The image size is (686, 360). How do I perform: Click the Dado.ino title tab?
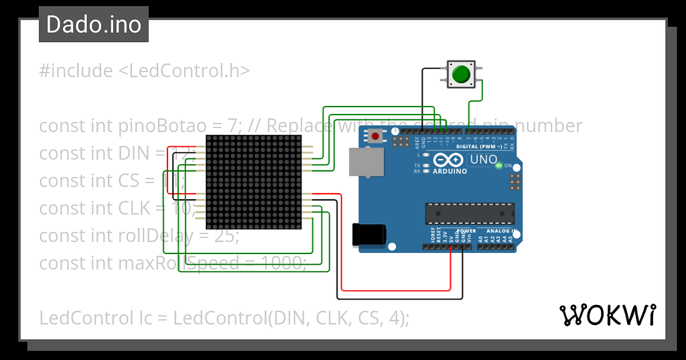pyautogui.click(x=94, y=25)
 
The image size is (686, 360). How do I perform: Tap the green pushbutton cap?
pyautogui.click(x=460, y=74)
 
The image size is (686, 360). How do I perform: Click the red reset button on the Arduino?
pyautogui.click(x=375, y=137)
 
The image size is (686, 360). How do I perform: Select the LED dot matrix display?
pyautogui.click(x=254, y=182)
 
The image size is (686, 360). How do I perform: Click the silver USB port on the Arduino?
pyautogui.click(x=366, y=162)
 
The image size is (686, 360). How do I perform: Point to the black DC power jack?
pyautogui.click(x=368, y=233)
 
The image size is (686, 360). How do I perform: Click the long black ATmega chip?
pyautogui.click(x=469, y=213)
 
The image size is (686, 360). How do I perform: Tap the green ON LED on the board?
pyautogui.click(x=498, y=166)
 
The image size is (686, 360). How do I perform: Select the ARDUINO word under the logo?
pyautogui.click(x=450, y=171)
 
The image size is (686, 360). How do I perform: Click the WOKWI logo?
pyautogui.click(x=608, y=314)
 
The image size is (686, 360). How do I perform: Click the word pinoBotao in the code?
pyautogui.click(x=149, y=126)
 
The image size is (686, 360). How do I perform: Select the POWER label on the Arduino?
pyautogui.click(x=466, y=231)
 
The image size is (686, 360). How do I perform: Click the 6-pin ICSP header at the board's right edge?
pyautogui.click(x=514, y=182)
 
